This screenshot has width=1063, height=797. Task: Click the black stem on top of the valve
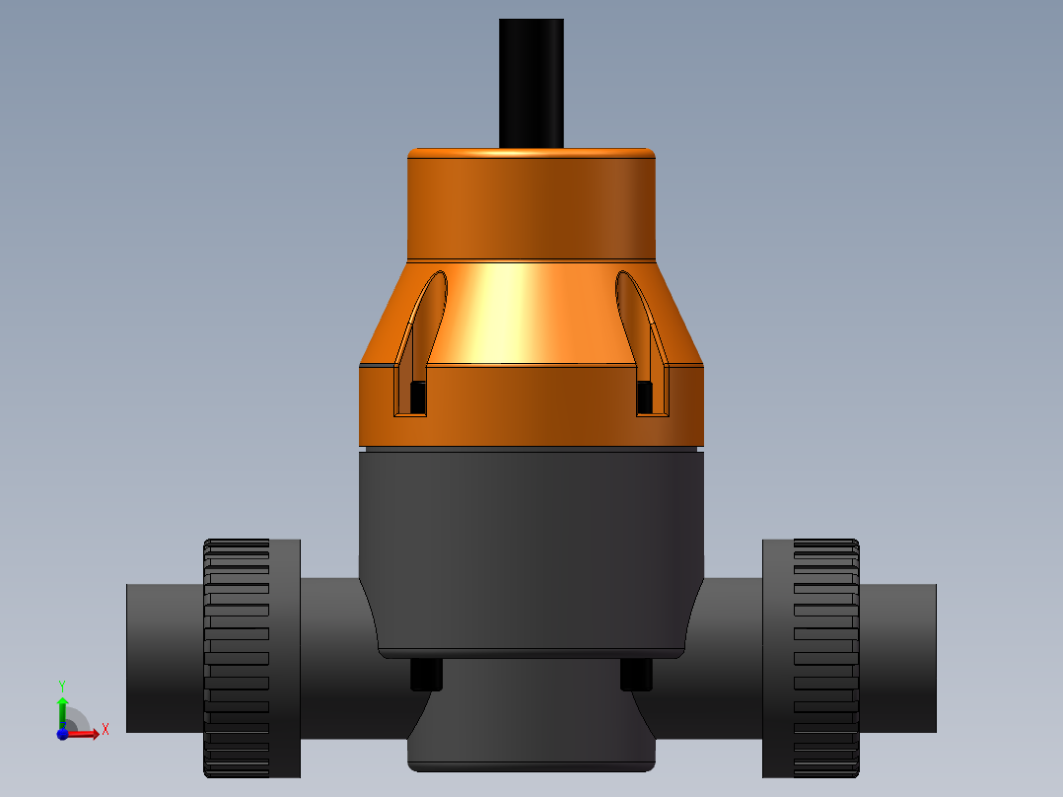coord(531,83)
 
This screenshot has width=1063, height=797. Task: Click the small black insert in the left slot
coord(417,397)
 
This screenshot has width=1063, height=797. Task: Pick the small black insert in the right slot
coord(645,397)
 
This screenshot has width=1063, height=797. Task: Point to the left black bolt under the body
coord(426,675)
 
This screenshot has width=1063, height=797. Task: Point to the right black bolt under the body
coord(636,675)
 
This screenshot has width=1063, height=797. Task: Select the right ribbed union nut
coord(824,658)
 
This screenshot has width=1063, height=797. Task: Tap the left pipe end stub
coord(164,658)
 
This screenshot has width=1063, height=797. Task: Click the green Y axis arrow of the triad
coord(62,706)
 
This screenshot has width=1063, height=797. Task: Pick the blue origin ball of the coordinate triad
coord(62,734)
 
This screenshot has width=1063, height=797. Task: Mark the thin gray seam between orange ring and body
coord(531,448)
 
